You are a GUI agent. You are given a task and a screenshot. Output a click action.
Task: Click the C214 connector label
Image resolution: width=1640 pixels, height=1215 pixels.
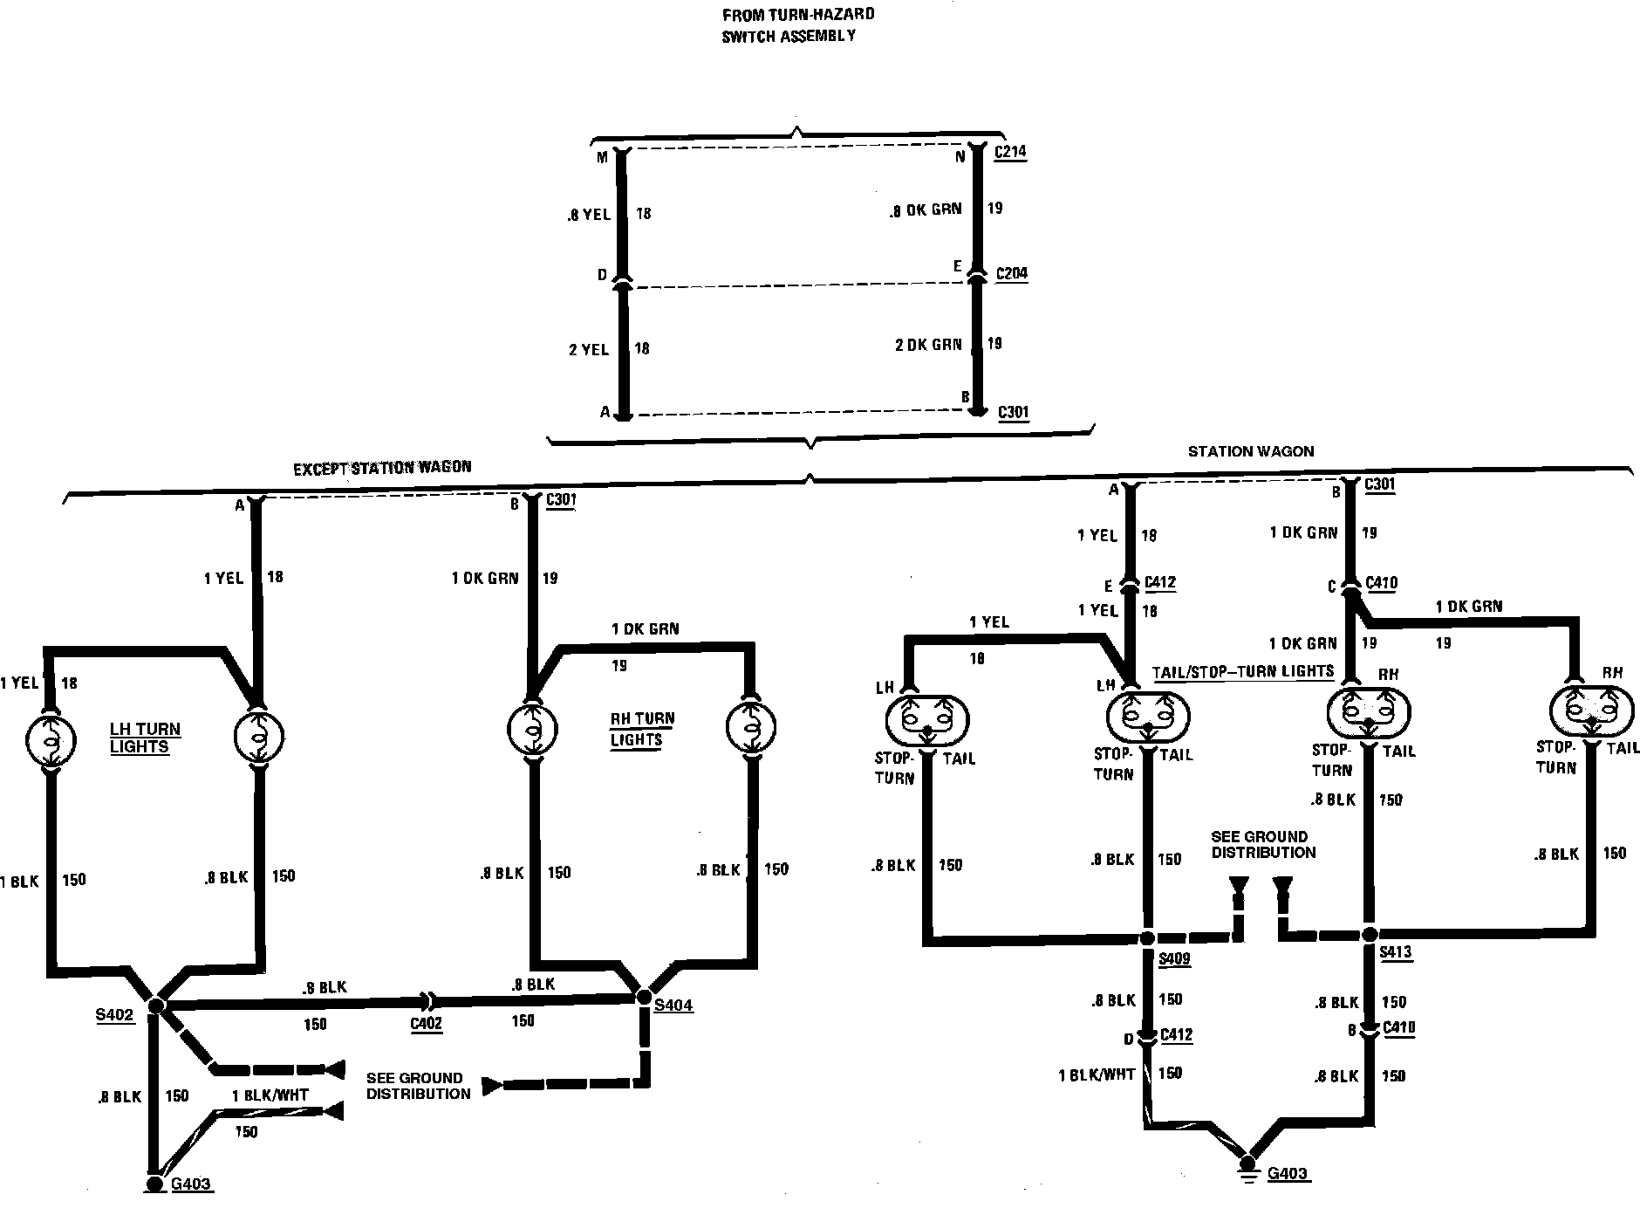(x=1012, y=152)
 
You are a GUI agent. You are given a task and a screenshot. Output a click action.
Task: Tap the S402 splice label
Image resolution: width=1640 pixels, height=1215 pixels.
(x=115, y=1016)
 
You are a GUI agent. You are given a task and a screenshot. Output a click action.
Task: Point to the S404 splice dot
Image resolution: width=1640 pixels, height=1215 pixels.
(x=644, y=996)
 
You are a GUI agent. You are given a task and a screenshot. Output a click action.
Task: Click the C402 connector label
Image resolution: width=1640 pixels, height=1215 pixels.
(x=426, y=1023)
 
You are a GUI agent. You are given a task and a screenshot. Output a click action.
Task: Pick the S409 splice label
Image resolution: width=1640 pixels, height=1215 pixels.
(x=1174, y=959)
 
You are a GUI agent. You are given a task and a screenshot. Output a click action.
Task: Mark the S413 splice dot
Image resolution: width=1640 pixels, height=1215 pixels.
(x=1368, y=935)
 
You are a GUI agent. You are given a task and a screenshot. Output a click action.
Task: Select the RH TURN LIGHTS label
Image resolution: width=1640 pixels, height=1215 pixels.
(x=642, y=729)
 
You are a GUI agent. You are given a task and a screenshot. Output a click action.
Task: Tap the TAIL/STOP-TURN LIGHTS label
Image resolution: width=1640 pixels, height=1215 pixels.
(x=1243, y=671)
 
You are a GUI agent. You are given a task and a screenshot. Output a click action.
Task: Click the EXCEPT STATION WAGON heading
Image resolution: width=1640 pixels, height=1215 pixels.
(x=382, y=467)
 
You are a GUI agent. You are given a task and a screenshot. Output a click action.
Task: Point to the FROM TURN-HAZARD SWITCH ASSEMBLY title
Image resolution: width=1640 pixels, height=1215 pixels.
(x=797, y=25)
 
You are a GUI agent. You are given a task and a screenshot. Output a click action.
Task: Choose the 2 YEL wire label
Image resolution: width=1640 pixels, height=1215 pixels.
(x=589, y=349)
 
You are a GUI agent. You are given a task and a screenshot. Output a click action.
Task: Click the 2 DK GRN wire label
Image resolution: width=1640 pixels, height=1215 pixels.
(x=928, y=344)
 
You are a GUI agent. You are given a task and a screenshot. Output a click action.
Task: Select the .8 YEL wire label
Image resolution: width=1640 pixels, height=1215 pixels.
(x=589, y=214)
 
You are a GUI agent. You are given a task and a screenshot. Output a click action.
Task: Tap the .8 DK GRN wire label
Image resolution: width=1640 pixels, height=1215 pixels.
(x=926, y=209)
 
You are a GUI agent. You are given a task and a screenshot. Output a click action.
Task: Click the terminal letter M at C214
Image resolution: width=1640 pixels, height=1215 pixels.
(x=602, y=157)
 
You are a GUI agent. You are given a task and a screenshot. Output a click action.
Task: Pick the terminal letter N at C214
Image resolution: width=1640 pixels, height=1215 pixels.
(x=960, y=157)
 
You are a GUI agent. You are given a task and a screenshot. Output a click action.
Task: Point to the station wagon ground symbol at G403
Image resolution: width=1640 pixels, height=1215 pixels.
(x=1248, y=1166)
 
